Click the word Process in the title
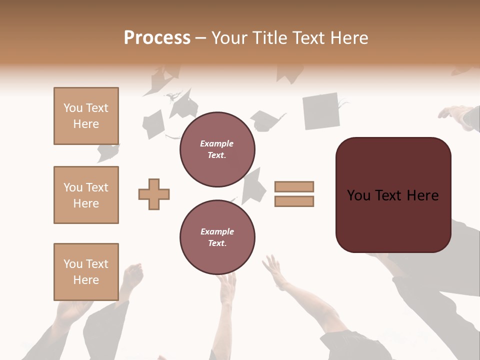coord(157,38)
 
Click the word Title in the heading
coord(267,38)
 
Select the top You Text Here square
coord(86,116)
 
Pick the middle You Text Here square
coord(86,195)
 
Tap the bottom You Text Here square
coord(86,271)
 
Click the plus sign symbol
coord(154,194)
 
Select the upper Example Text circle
coord(217,149)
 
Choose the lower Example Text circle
coord(217,237)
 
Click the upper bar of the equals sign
coord(294,186)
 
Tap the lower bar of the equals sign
coord(294,201)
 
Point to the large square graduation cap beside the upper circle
coord(321,110)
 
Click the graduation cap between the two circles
coord(254,185)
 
